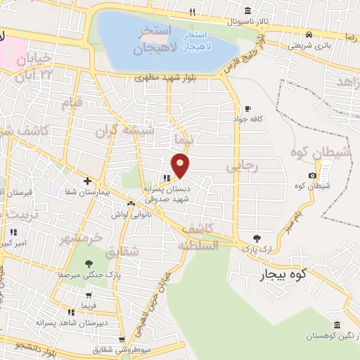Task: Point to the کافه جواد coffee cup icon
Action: tap(247, 108)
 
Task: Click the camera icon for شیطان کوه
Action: tap(312, 174)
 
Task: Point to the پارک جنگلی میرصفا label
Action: tap(89, 275)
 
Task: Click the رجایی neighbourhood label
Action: tap(242, 166)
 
